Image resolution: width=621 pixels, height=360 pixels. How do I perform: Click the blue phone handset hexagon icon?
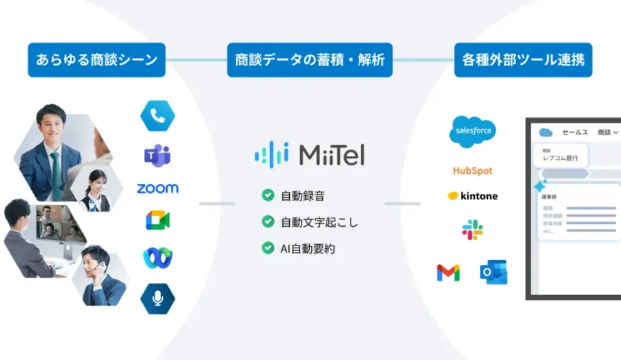pos(157,115)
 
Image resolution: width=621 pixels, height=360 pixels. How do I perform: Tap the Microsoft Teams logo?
pos(157,155)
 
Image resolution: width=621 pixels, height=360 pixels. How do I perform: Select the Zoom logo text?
pos(157,188)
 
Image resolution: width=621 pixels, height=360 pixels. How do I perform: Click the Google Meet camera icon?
pos(157,221)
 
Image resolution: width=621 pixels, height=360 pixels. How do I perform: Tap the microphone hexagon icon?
pos(157,298)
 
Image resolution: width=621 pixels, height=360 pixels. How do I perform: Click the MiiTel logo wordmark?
pos(310,154)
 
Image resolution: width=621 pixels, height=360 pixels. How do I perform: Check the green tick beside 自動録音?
pos(268,195)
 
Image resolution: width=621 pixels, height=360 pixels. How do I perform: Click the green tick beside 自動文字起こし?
pos(268,221)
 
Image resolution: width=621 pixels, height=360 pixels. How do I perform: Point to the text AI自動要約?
pos(308,248)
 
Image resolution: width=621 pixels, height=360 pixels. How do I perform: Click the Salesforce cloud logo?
pos(473,132)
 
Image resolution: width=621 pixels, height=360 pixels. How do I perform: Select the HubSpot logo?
pos(473,170)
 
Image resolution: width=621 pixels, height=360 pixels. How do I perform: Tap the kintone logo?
pos(473,196)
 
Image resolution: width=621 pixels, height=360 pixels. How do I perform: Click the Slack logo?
pos(473,230)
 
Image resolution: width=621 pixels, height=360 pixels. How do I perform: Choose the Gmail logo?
pos(448,273)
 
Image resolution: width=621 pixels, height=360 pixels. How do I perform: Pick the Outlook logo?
pos(494,272)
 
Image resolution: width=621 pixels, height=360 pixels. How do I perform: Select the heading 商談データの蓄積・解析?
pos(310,61)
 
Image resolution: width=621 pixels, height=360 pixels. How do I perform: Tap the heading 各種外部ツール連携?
pos(522,61)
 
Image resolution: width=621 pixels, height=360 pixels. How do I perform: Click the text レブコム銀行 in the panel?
pos(560,159)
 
